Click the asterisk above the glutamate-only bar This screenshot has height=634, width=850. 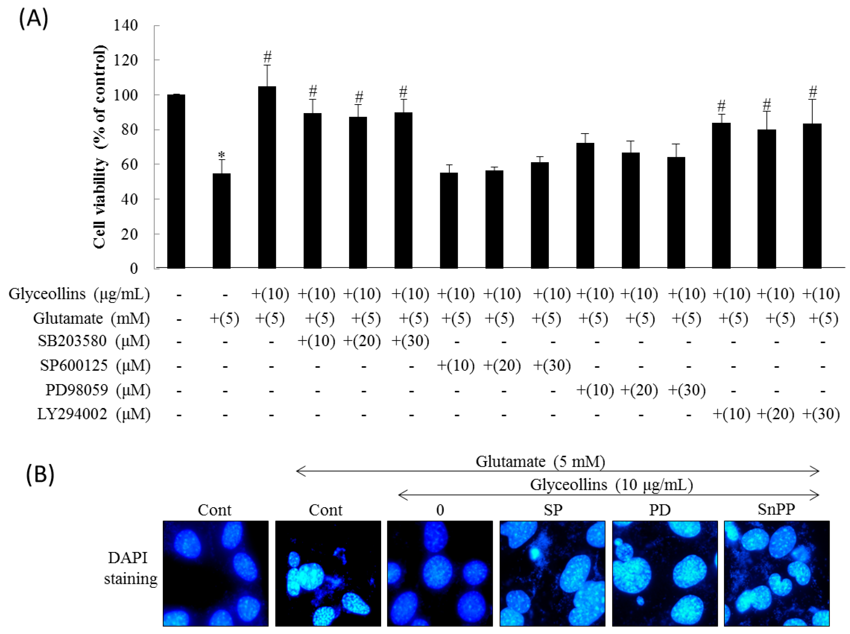pos(221,155)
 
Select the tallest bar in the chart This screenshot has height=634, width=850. pos(267,177)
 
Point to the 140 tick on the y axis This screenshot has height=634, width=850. pos(125,25)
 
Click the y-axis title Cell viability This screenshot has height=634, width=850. pos(99,147)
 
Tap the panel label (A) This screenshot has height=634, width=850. pos(34,20)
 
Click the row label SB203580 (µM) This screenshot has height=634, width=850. pos(94,341)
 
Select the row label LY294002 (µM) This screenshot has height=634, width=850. pos(94,414)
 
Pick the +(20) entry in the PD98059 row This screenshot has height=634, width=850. pos(639,390)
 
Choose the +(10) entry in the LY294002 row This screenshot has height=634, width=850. pos(731,414)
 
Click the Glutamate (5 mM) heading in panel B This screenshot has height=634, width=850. pos(540,461)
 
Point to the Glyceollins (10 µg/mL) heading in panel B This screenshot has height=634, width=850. pos(611,485)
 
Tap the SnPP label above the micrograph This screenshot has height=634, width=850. pos(776,509)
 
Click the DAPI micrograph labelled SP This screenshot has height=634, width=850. pos(552,573)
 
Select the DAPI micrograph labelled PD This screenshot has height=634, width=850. pos(664,573)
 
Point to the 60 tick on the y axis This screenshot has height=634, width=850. pos(130,164)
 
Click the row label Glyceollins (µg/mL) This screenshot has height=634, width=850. pos(79,294)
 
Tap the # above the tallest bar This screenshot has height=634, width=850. pos(267,57)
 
